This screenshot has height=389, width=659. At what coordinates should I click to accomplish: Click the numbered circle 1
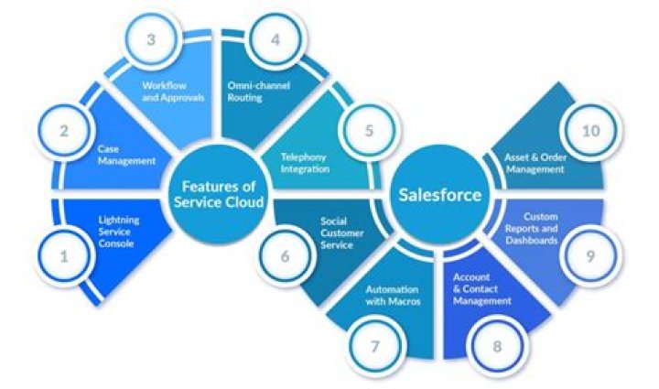(64, 257)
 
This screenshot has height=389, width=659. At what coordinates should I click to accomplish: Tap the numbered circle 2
(64, 130)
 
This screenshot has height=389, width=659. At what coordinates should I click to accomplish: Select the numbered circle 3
(151, 40)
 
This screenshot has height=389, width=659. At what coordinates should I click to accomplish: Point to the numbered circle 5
(369, 130)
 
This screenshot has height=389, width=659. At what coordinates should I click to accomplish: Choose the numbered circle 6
(284, 256)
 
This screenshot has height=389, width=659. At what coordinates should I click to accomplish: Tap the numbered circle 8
(497, 347)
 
